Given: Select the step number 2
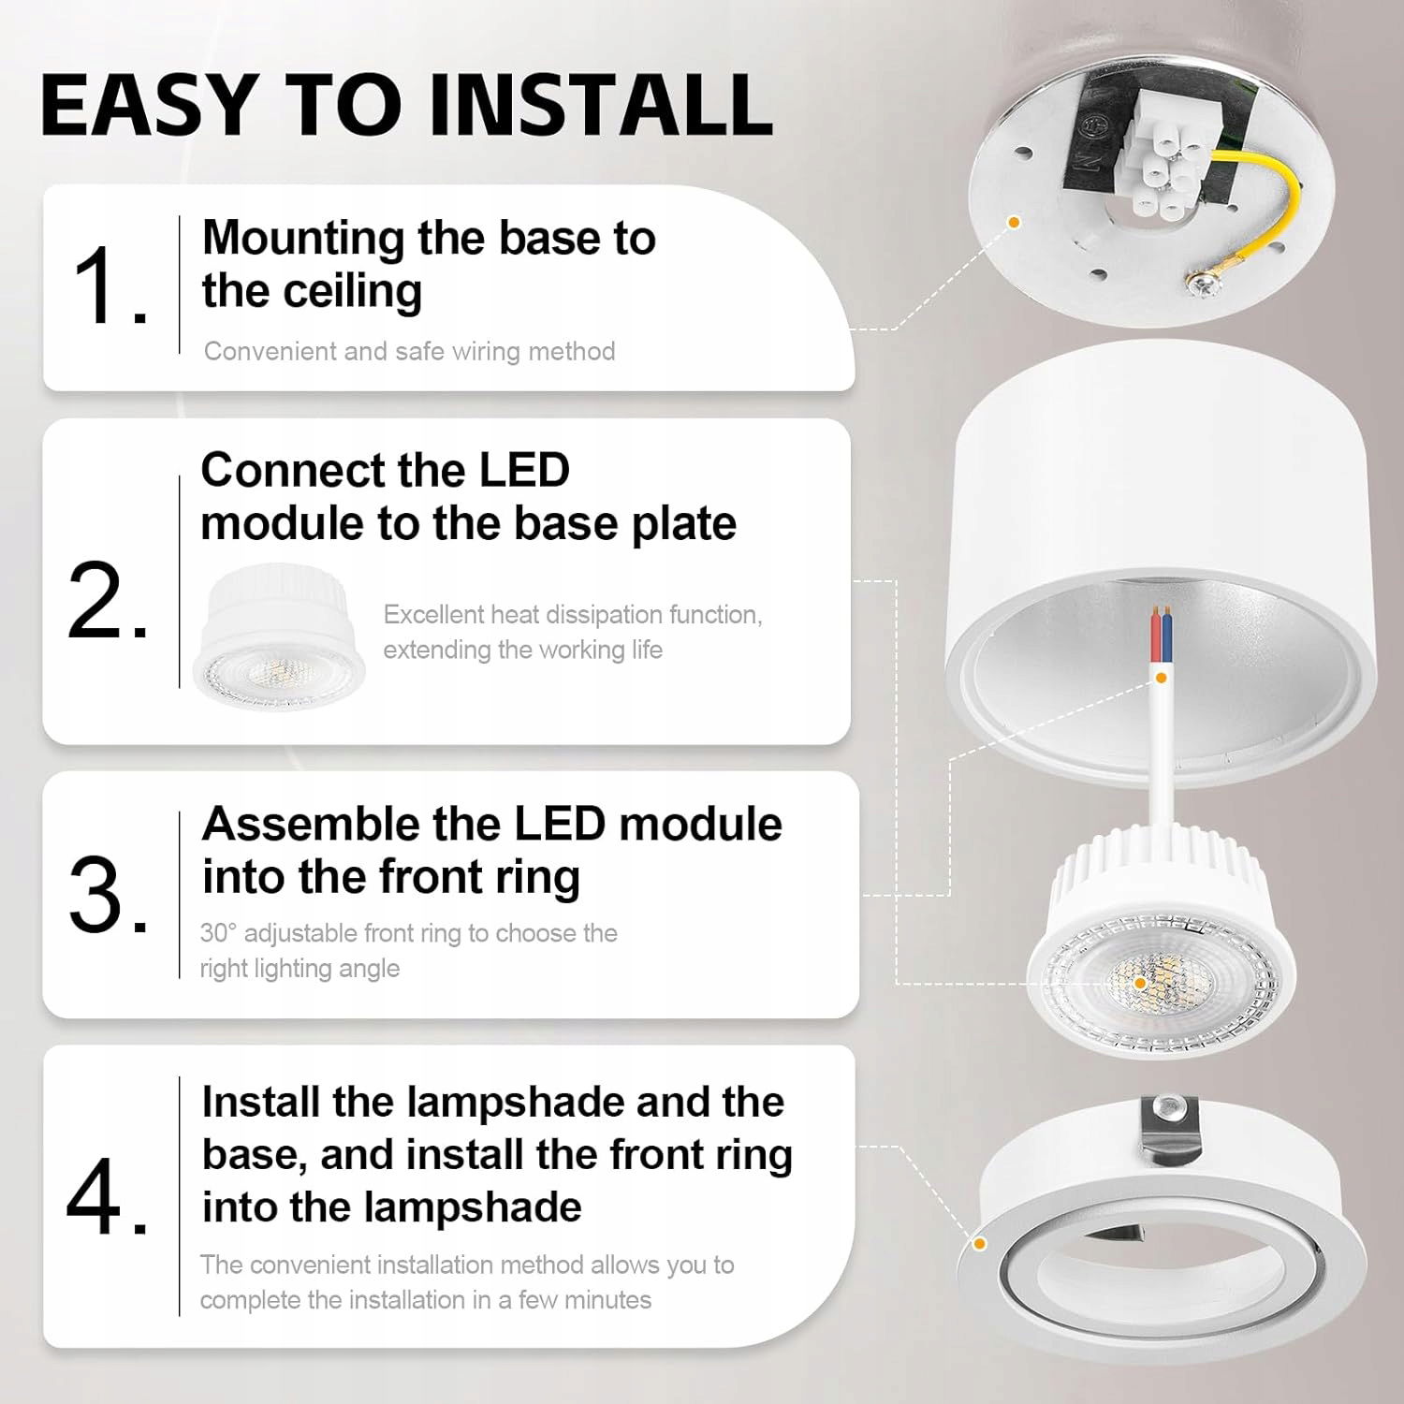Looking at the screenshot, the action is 108,600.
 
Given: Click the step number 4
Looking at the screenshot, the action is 107,1195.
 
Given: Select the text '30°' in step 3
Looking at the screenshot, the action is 218,933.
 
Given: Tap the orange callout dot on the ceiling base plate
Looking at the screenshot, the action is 1014,222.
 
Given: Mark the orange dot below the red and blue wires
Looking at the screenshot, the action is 1162,678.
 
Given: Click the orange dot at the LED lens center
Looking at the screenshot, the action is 1140,984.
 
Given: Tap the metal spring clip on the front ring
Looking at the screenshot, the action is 1169,1129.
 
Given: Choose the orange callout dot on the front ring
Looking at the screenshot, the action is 980,1244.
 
